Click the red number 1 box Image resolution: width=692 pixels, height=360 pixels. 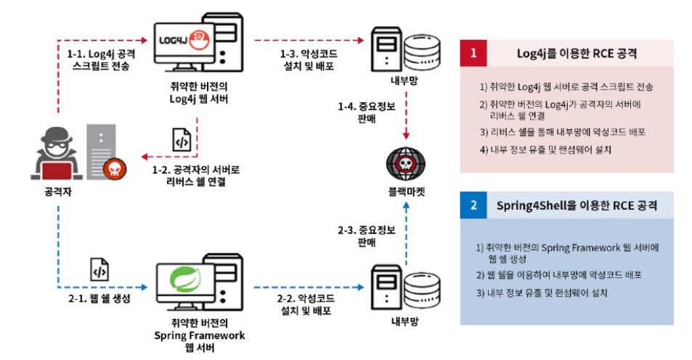473,53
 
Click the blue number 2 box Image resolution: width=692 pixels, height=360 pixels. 473,205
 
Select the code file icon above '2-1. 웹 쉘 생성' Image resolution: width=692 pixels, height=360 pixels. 99,270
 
